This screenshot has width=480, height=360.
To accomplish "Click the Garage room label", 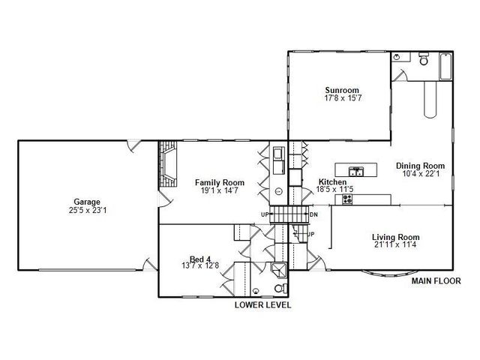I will [87, 201].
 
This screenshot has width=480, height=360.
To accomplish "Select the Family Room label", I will [220, 182].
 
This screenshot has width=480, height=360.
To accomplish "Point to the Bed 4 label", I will [199, 259].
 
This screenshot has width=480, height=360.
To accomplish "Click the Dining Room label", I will [420, 166].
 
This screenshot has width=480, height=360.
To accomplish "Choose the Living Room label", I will [395, 237].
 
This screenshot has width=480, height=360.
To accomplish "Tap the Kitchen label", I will [332, 182].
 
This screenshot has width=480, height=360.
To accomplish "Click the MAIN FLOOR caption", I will [434, 281].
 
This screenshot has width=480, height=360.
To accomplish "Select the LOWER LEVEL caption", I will [262, 305].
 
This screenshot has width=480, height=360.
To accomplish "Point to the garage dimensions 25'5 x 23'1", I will [87, 209].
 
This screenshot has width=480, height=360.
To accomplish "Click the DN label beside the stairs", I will [314, 215].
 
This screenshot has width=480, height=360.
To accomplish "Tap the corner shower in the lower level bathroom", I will [278, 269].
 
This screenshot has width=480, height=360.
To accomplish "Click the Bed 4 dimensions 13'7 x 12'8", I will [199, 266].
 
